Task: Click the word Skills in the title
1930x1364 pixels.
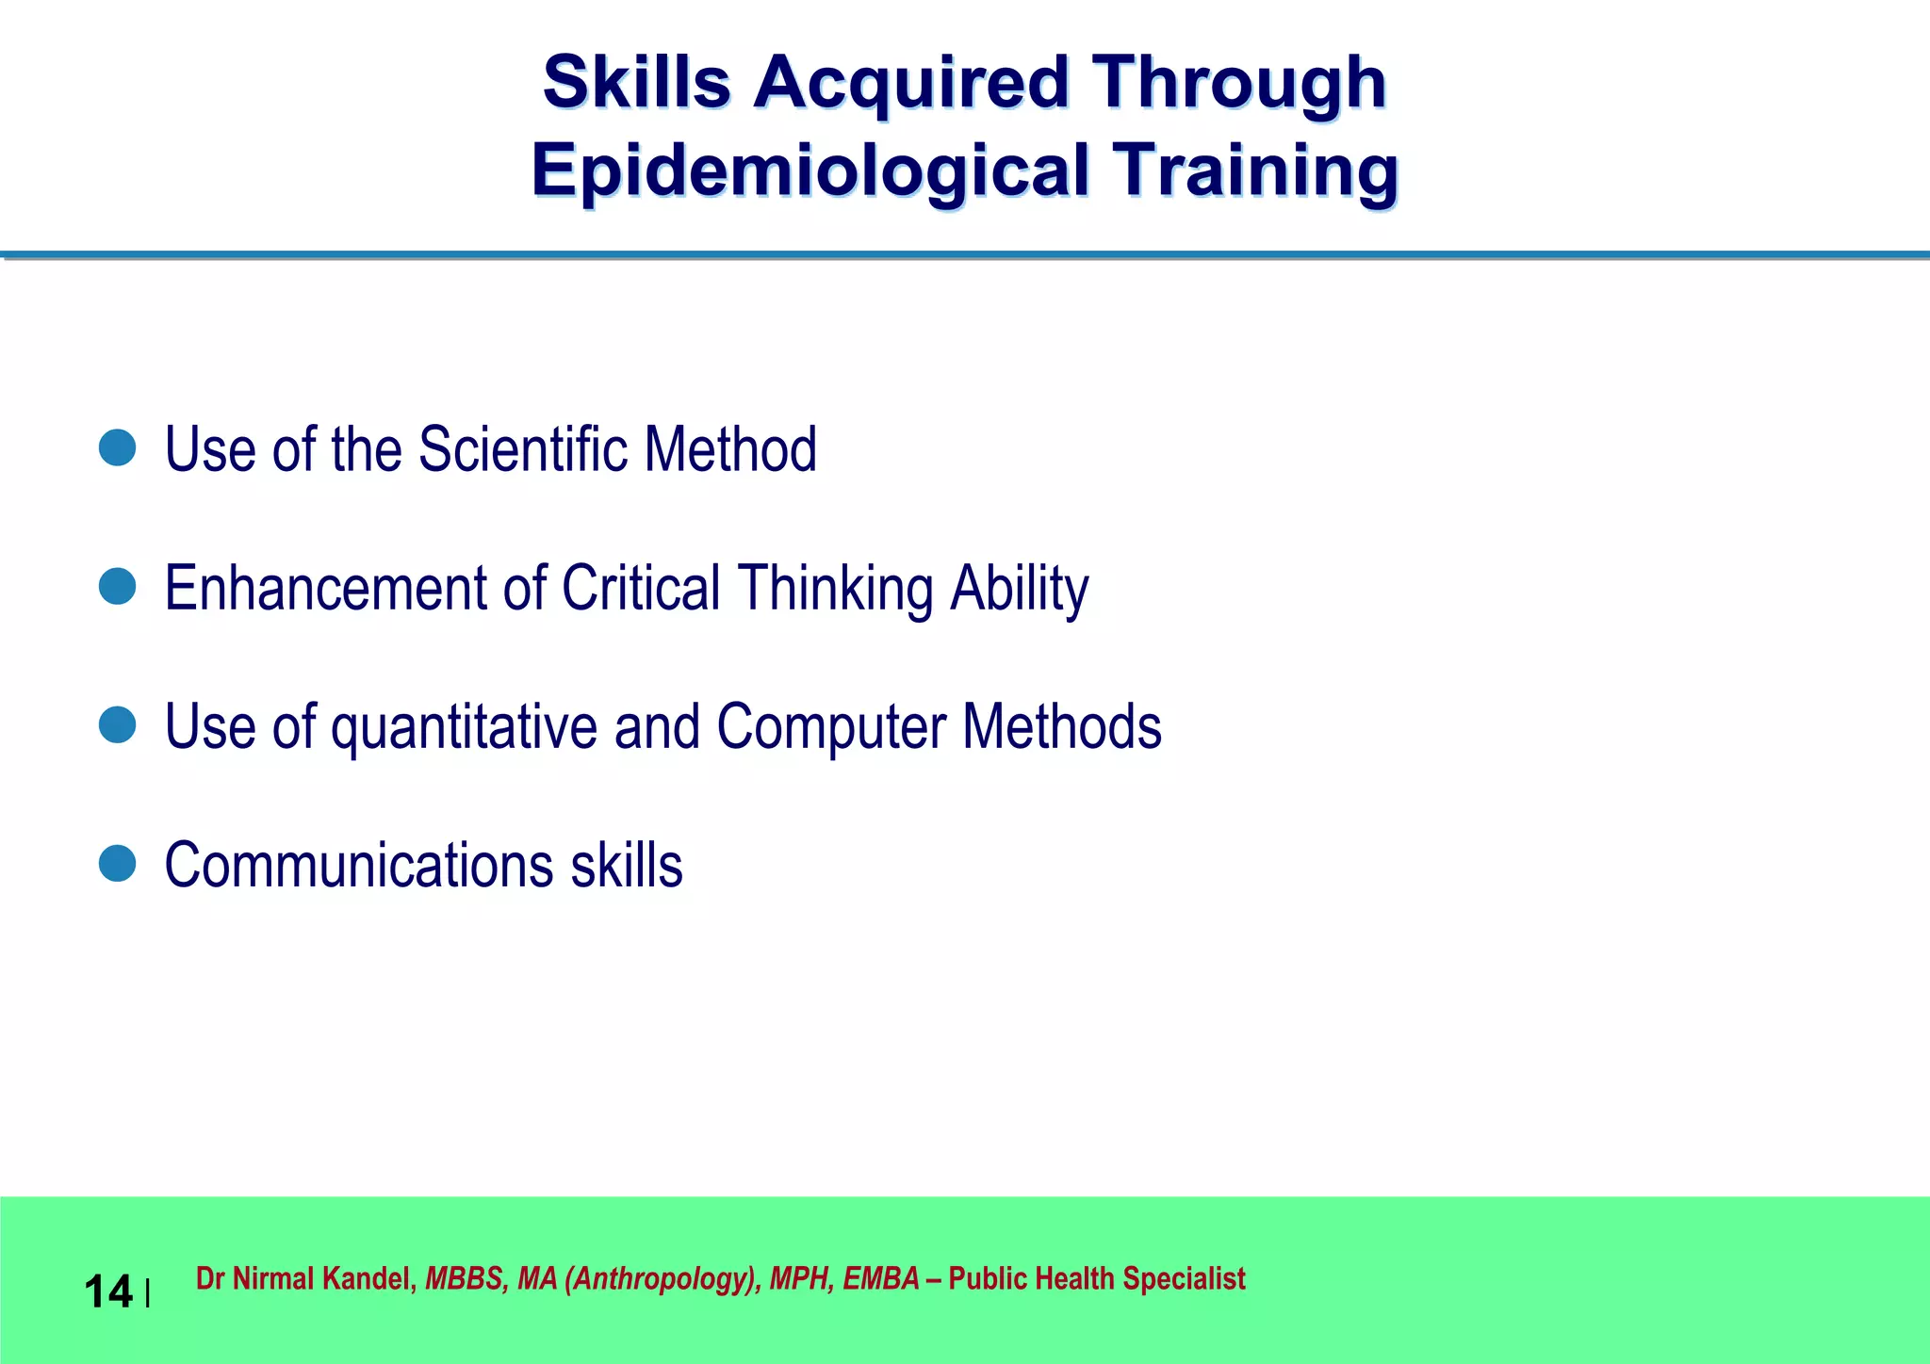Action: pos(637,82)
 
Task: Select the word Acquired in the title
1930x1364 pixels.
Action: pos(910,82)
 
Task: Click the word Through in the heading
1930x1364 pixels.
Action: pos(1238,82)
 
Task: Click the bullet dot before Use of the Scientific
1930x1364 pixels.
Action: pos(118,448)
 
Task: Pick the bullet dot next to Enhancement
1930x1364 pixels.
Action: pos(118,587)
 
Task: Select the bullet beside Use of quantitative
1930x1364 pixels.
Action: pos(118,725)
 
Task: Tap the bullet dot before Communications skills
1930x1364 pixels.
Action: pos(118,864)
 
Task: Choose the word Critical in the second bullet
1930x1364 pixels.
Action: pos(641,588)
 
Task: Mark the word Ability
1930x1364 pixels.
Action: pos(1019,588)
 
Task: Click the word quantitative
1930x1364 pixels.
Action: pos(464,727)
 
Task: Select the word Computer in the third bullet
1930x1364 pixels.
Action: pos(831,727)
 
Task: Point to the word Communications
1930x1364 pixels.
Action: pos(359,865)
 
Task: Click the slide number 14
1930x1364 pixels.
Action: pos(107,1291)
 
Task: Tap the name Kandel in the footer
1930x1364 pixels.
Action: pos(369,1278)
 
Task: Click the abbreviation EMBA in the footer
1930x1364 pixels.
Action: pos(880,1278)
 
